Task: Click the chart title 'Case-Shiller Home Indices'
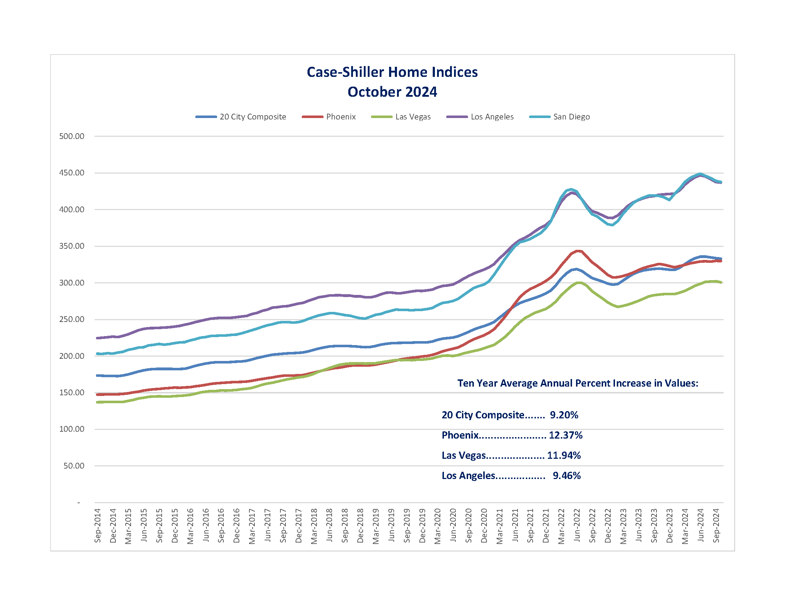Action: point(392,72)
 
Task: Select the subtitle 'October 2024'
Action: point(392,92)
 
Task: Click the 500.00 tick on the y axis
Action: point(71,136)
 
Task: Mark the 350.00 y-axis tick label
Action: point(71,246)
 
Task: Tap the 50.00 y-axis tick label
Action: point(74,466)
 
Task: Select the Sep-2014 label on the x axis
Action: point(97,526)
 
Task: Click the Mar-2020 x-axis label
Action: point(437,526)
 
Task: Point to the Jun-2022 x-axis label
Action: point(577,525)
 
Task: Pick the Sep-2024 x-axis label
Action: point(716,526)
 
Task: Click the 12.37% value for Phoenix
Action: point(565,435)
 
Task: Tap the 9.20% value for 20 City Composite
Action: point(563,415)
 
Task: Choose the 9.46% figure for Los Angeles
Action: point(566,475)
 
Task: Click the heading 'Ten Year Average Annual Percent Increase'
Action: point(577,383)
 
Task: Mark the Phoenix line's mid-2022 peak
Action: point(578,251)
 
